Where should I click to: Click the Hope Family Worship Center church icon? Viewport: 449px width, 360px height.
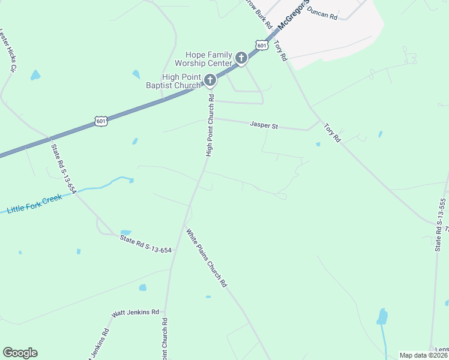tap(241, 58)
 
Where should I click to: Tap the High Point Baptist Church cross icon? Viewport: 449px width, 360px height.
tap(210, 80)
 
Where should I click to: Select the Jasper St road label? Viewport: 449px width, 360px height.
tap(264, 126)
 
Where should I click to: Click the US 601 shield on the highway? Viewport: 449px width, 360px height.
tap(101, 122)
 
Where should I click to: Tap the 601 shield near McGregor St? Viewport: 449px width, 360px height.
tap(261, 44)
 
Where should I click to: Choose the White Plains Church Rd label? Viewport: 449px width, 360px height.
tap(206, 257)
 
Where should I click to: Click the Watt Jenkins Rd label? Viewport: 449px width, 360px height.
tap(136, 313)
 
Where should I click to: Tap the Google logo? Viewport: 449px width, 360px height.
tap(20, 353)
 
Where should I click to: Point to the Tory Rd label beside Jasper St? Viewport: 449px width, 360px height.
tap(332, 133)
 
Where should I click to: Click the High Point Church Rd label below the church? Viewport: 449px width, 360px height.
tap(210, 125)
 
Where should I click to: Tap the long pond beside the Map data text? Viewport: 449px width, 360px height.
tap(382, 317)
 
